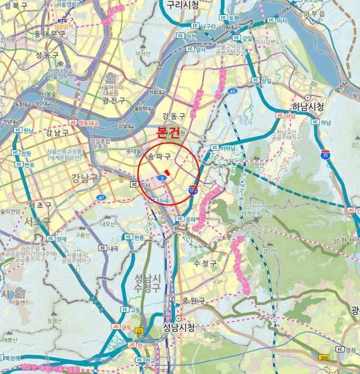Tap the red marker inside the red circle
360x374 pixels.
[168, 172]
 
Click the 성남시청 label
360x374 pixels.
[178, 326]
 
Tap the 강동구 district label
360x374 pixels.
[174, 116]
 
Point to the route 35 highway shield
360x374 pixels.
[325, 155]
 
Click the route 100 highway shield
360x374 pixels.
[193, 189]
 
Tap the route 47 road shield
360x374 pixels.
[101, 197]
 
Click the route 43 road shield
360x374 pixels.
[232, 91]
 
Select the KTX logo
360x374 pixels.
[63, 20]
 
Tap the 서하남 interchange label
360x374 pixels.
[224, 148]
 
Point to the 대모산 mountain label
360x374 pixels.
[108, 224]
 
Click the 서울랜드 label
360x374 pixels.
[20, 302]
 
